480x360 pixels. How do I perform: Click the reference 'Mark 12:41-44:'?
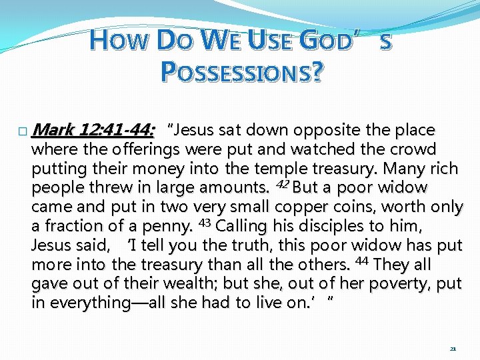(93, 129)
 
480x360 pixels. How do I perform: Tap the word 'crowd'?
(415, 149)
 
